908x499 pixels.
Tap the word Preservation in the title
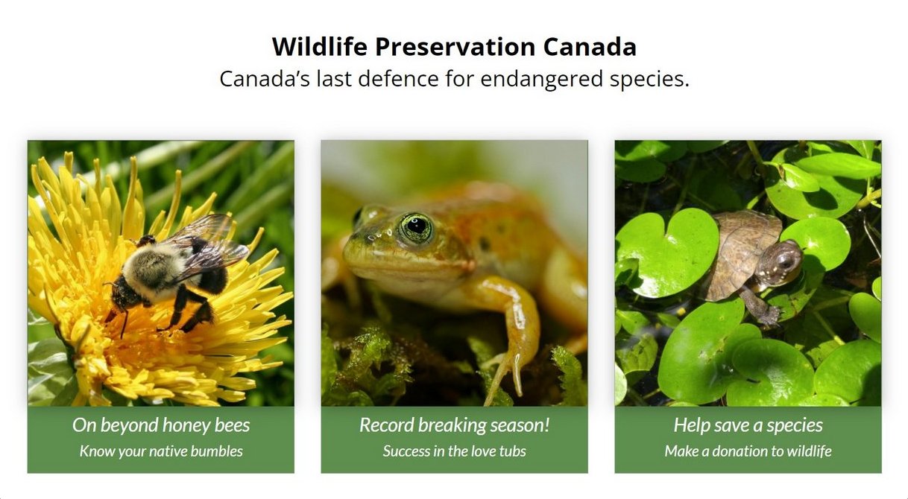coord(455,47)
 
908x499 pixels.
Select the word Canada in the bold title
coord(590,47)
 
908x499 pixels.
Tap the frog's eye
coord(415,227)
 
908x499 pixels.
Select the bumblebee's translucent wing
coord(211,243)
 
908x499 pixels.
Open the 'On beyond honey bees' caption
coord(161,425)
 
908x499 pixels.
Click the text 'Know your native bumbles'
coord(161,451)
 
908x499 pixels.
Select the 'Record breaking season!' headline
coord(455,425)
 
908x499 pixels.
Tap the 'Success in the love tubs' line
coord(455,451)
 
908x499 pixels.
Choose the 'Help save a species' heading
coord(748,425)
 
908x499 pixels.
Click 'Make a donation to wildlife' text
coord(748,451)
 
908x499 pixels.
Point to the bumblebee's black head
coord(122,296)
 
